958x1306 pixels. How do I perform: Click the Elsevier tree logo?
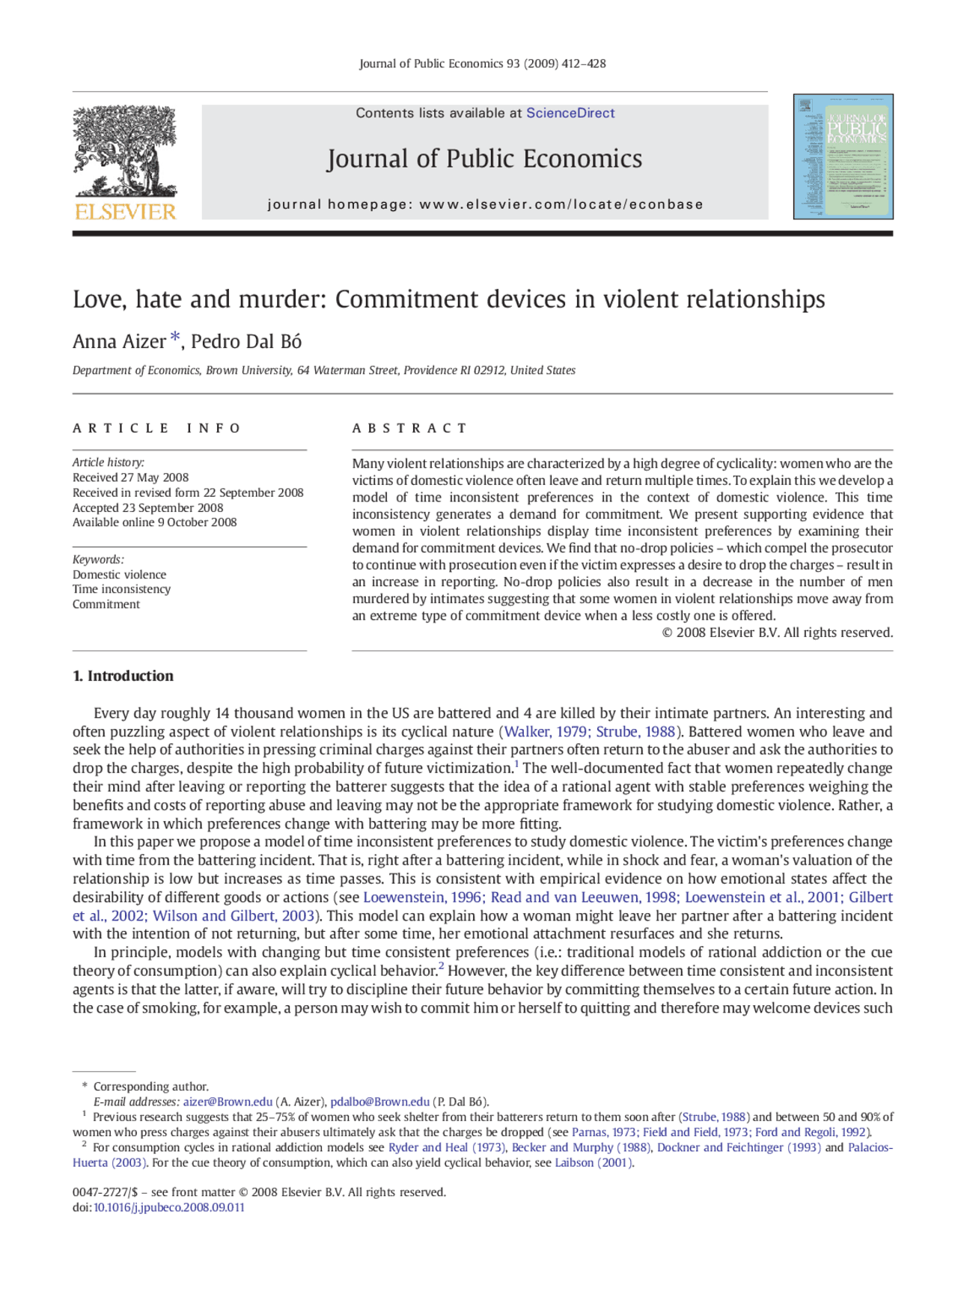point(124,152)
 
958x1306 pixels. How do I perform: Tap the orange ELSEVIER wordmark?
point(125,212)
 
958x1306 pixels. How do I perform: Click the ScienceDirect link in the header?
point(570,113)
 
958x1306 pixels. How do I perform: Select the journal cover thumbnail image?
point(843,156)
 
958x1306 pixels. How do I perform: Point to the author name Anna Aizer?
point(119,342)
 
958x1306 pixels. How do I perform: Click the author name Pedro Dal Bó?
point(246,342)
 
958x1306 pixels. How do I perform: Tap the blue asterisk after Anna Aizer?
point(175,338)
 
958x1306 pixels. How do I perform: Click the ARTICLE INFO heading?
point(156,428)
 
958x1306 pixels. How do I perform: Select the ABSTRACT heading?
point(409,428)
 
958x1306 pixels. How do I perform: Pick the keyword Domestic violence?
point(120,575)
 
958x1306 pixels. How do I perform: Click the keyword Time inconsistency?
point(122,589)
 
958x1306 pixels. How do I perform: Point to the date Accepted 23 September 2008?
point(148,507)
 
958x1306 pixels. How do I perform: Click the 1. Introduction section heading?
point(123,676)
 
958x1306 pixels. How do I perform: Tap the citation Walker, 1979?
point(546,732)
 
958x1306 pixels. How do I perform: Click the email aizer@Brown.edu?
point(228,1102)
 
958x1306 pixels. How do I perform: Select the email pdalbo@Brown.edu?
point(380,1102)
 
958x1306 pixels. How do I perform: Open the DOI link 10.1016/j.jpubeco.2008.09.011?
point(169,1207)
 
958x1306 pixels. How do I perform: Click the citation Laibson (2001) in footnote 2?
point(594,1162)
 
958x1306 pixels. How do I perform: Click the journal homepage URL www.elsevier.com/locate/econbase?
point(561,204)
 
